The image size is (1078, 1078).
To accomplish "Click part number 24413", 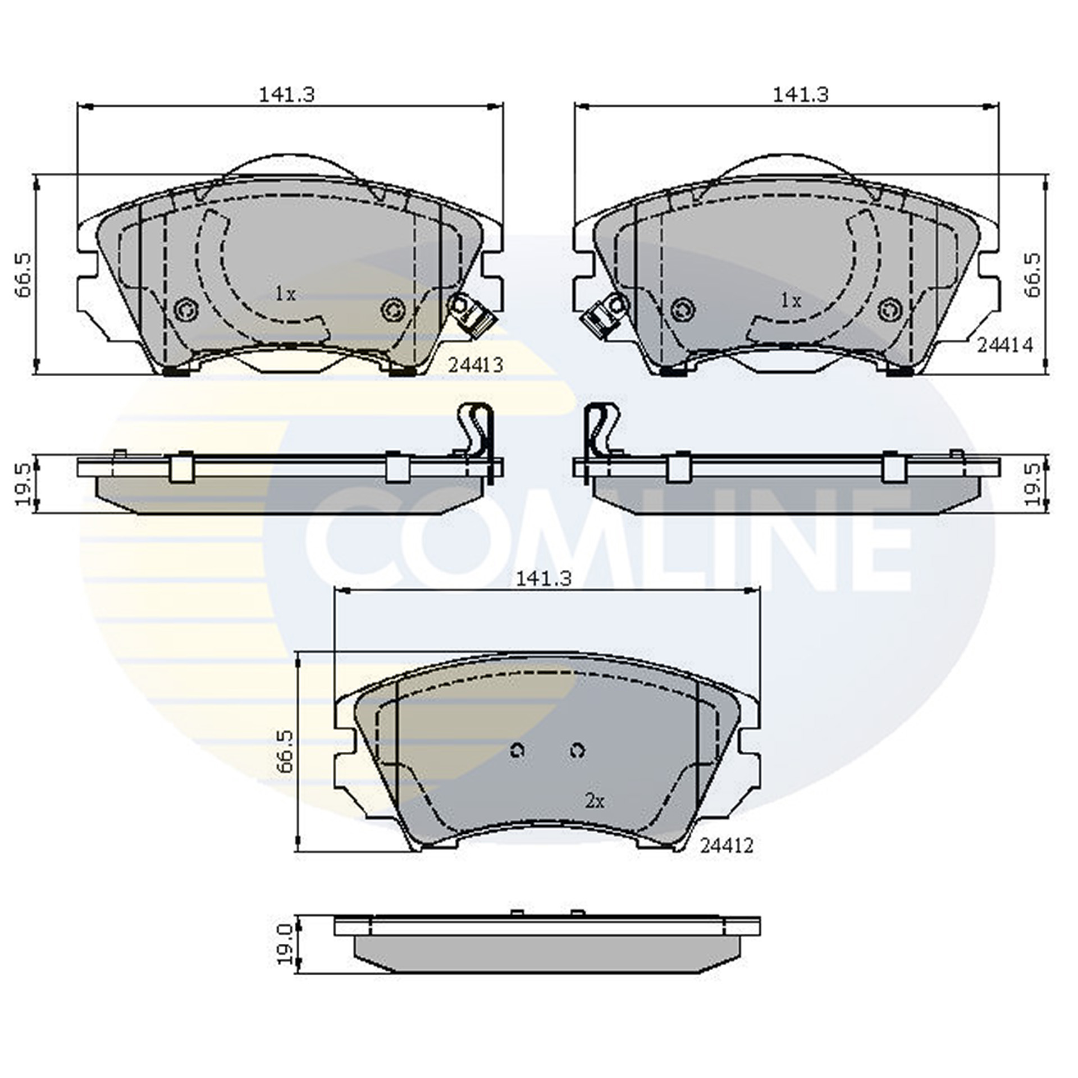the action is (x=476, y=365).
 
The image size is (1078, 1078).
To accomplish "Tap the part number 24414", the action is (x=1004, y=345).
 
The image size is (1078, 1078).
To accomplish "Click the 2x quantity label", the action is (x=594, y=802).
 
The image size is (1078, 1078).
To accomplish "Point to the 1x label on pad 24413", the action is (x=285, y=294).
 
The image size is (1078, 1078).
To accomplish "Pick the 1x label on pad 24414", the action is (x=791, y=301).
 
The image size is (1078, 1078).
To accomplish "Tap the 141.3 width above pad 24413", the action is (x=286, y=94).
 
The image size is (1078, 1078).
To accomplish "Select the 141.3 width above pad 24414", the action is (x=801, y=94).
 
